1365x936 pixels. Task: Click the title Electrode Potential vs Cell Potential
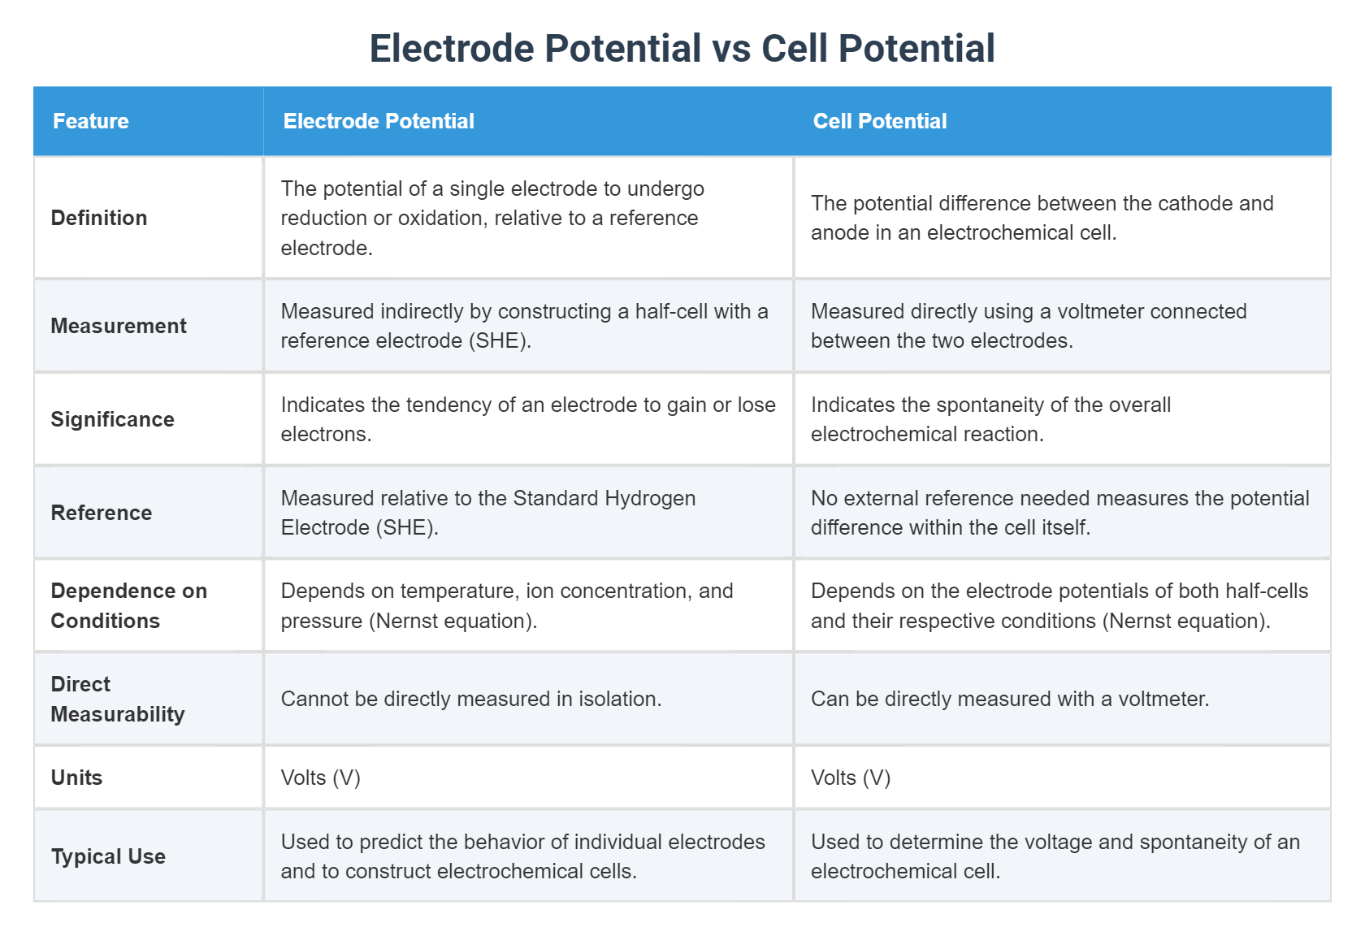pyautogui.click(x=682, y=48)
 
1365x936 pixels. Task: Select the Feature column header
pyautogui.click(x=91, y=120)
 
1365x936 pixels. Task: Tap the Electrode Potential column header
pyautogui.click(x=379, y=120)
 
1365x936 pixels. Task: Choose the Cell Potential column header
pyautogui.click(x=880, y=120)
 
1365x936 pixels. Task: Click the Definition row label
pyautogui.click(x=99, y=218)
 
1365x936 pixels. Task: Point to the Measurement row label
pyautogui.click(x=119, y=325)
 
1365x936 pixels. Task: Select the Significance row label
pyautogui.click(x=112, y=419)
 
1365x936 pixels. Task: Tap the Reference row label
pyautogui.click(x=101, y=513)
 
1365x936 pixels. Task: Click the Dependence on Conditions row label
pyautogui.click(x=128, y=606)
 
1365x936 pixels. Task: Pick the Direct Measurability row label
pyautogui.click(x=118, y=699)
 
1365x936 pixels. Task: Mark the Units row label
pyautogui.click(x=76, y=778)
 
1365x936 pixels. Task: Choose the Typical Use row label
pyautogui.click(x=108, y=856)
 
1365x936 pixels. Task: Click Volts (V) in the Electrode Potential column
pyautogui.click(x=320, y=778)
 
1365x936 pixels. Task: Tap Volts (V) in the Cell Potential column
pyautogui.click(x=851, y=778)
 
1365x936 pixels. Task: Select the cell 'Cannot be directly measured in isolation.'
pyautogui.click(x=471, y=699)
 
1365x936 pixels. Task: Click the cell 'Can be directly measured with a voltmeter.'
pyautogui.click(x=1010, y=699)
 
